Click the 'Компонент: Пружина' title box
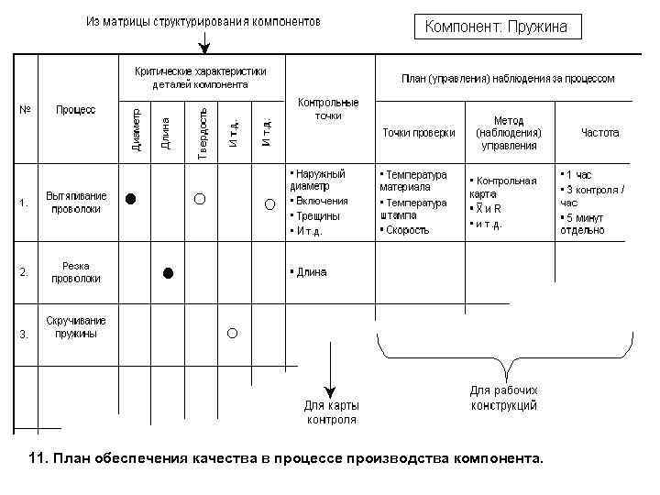(496, 27)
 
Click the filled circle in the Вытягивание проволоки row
(132, 198)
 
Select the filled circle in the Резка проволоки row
(168, 272)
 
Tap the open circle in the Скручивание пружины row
(233, 333)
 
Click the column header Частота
(599, 133)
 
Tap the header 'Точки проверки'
(418, 133)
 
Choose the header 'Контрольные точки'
(328, 110)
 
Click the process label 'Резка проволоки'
(76, 272)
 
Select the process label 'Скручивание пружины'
(76, 327)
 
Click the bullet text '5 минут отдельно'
(583, 224)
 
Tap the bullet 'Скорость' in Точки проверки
(407, 230)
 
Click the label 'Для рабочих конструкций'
(504, 398)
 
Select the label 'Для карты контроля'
(331, 412)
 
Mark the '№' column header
(25, 110)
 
